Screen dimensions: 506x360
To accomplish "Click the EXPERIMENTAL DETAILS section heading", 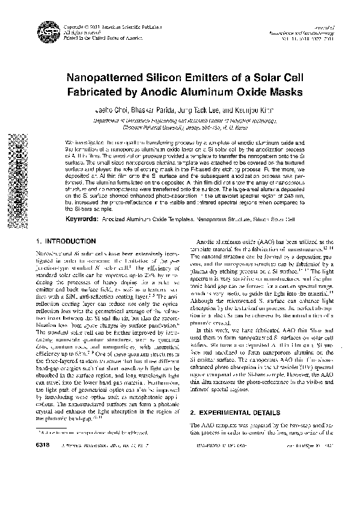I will pos(237,413).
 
